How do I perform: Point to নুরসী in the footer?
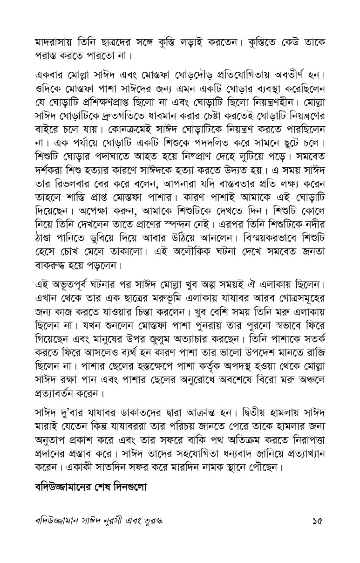[x=126, y=520]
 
